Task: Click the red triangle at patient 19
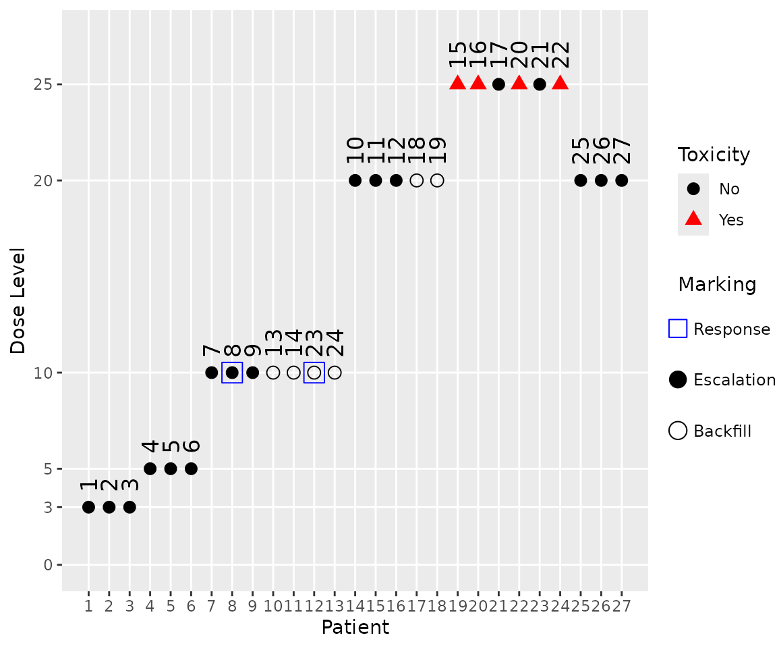click(457, 83)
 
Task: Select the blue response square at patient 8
click(232, 373)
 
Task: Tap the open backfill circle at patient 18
click(437, 180)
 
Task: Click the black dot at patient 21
click(498, 84)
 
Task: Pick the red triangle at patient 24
click(560, 83)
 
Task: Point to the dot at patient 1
click(88, 507)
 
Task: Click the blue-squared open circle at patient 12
click(314, 373)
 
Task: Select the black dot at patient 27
click(621, 180)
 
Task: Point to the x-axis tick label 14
click(355, 605)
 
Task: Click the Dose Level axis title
click(18, 300)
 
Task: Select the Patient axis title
click(355, 628)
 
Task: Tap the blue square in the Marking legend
click(677, 329)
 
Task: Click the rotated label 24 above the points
click(335, 342)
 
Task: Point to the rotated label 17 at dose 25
click(498, 55)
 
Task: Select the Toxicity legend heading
click(714, 155)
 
